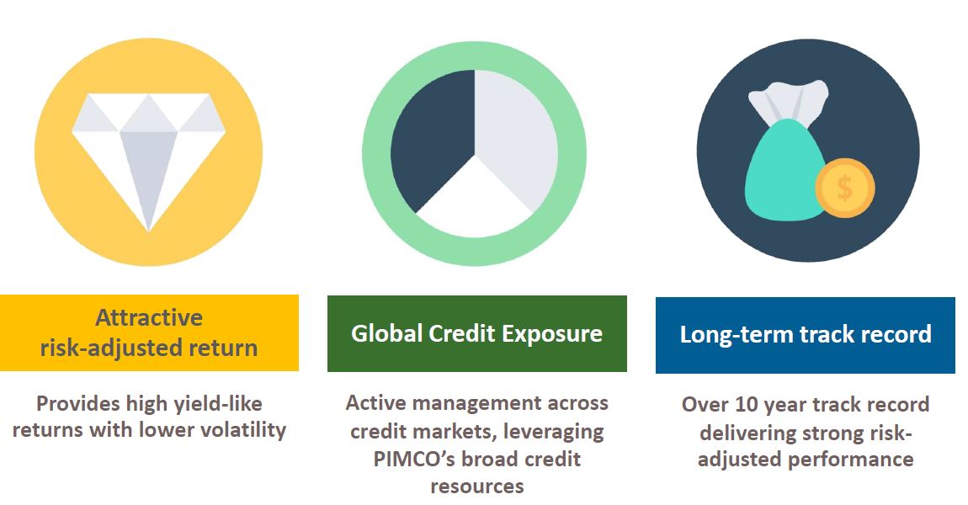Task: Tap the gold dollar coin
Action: pos(844,188)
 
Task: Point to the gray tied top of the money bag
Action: pos(788,101)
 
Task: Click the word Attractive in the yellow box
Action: pos(149,317)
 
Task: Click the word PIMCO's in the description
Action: pos(413,460)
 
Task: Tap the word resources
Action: pos(476,486)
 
